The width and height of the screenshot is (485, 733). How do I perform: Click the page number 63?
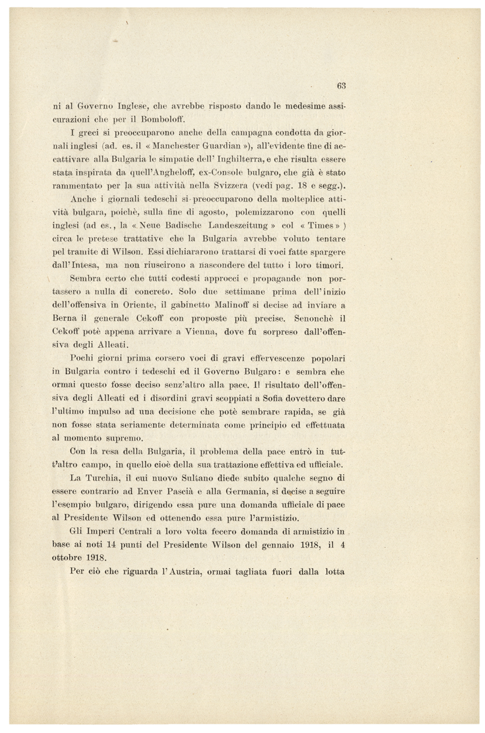341,86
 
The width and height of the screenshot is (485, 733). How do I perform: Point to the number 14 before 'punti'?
113,544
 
